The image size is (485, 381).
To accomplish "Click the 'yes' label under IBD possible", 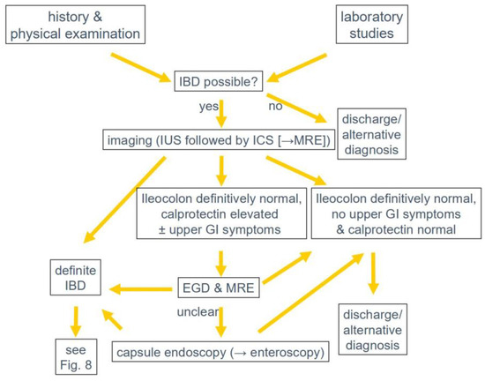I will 209,108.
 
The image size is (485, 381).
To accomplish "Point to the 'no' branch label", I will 276,108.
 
